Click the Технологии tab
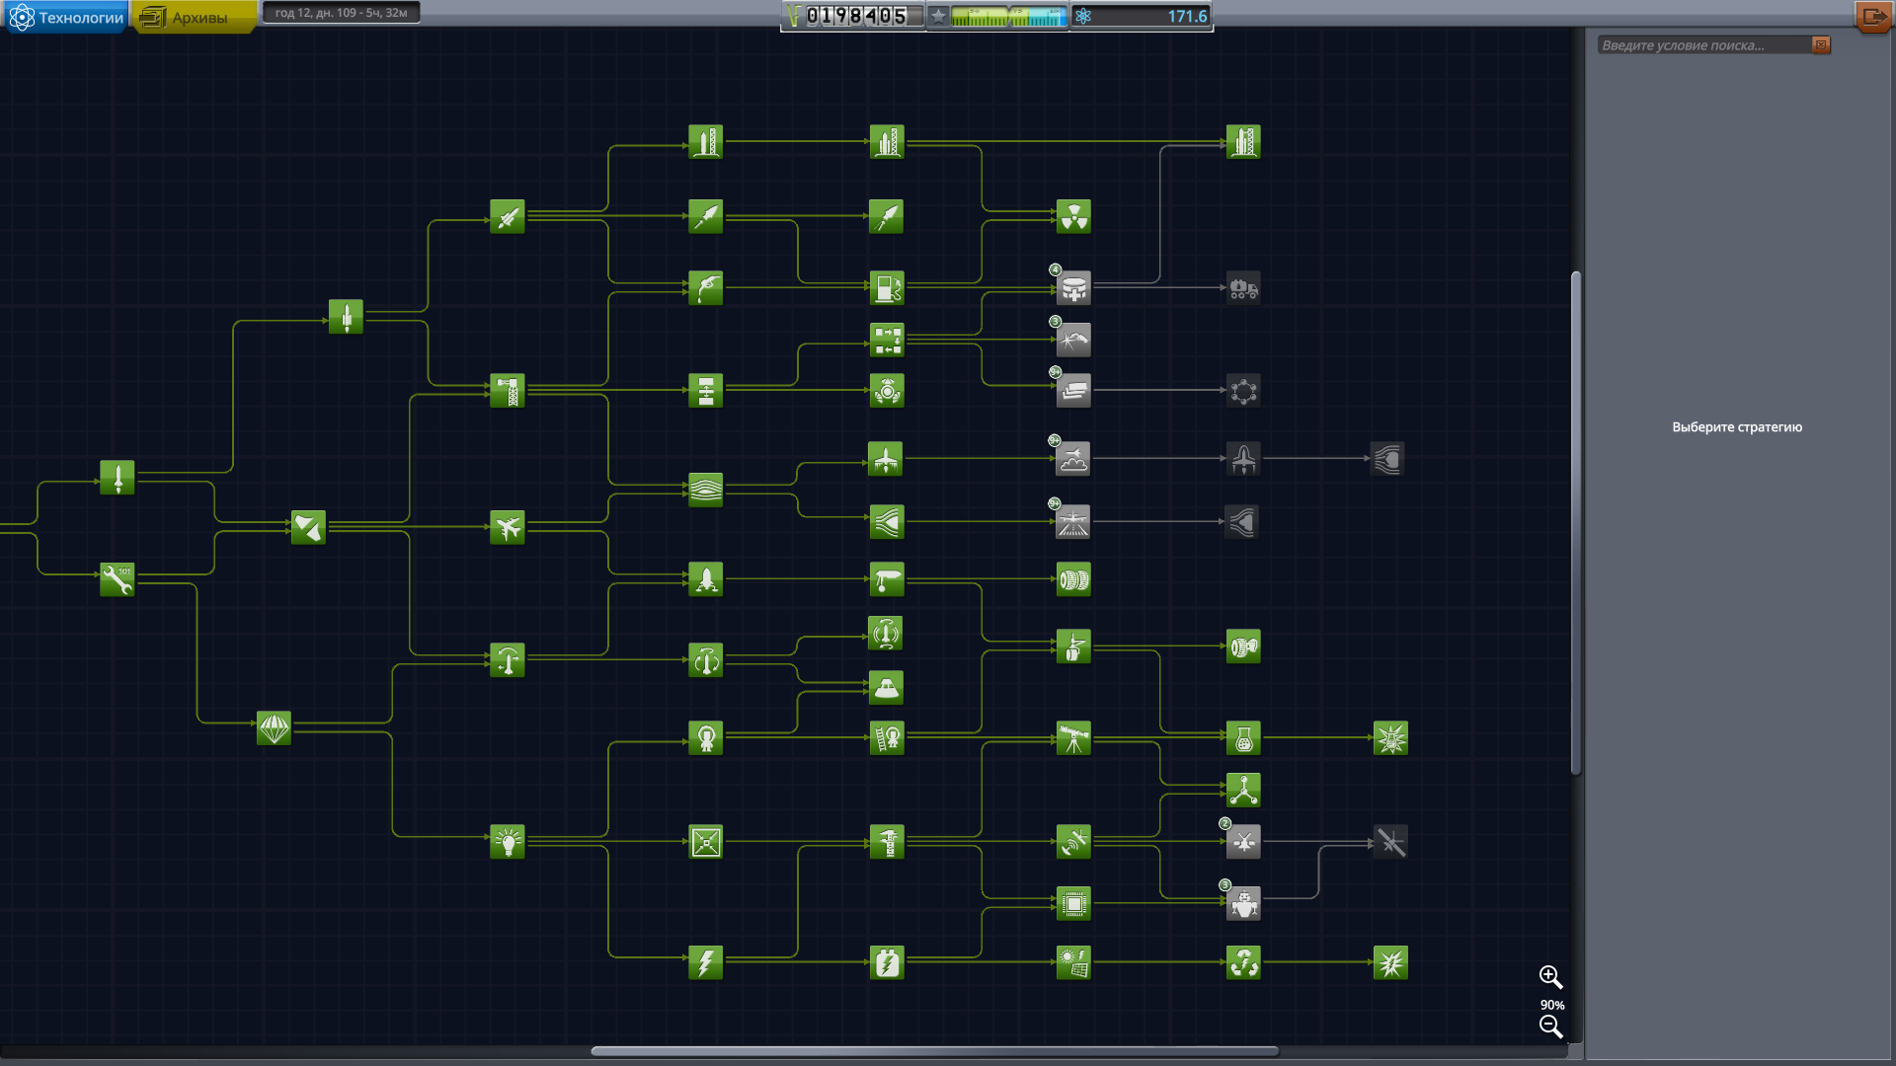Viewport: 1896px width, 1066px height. click(67, 18)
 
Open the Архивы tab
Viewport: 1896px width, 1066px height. click(195, 18)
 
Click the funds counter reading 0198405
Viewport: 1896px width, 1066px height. click(855, 16)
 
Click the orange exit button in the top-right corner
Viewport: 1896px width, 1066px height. click(1873, 17)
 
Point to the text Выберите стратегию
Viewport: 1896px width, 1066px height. click(1736, 427)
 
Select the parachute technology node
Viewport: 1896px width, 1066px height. click(274, 728)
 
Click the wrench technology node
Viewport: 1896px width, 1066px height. click(118, 579)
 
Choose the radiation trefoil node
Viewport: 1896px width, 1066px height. click(1073, 216)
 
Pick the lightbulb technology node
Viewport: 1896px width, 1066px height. click(508, 842)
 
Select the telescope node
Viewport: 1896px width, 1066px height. click(1073, 738)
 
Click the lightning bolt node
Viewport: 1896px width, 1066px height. click(705, 962)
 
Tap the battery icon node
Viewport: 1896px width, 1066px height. click(887, 962)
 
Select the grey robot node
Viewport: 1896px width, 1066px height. click(1243, 904)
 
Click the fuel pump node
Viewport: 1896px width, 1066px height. click(887, 288)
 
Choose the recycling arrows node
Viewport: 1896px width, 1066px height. click(1243, 962)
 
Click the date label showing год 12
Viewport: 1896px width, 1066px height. click(341, 13)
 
